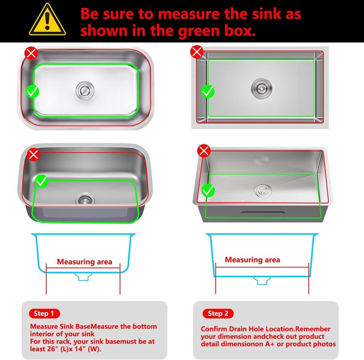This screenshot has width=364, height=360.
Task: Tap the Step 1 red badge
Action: (44, 313)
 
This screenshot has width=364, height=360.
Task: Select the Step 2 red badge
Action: (218, 313)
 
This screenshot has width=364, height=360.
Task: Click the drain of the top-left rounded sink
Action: (85, 90)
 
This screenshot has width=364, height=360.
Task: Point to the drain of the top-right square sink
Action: (262, 89)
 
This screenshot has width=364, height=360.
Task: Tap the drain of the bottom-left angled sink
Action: (85, 198)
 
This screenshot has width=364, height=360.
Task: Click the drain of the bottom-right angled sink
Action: (263, 190)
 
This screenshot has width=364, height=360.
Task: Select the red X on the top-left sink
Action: (31, 53)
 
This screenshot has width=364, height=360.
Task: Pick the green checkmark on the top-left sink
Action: (32, 91)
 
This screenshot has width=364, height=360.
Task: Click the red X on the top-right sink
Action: (197, 51)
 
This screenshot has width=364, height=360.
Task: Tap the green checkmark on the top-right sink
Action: (207, 91)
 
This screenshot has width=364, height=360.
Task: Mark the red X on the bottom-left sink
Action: (33, 154)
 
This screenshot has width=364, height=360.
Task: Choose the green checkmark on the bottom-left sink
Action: (41, 181)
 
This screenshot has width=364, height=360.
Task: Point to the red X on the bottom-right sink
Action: (204, 151)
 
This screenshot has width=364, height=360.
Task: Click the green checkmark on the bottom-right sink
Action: (208, 190)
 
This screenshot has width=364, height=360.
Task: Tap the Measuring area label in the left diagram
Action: (85, 262)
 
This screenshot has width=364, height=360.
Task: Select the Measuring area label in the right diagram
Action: (253, 259)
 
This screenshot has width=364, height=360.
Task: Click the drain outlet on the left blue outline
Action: (83, 277)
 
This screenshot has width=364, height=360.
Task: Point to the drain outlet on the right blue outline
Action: (262, 280)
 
